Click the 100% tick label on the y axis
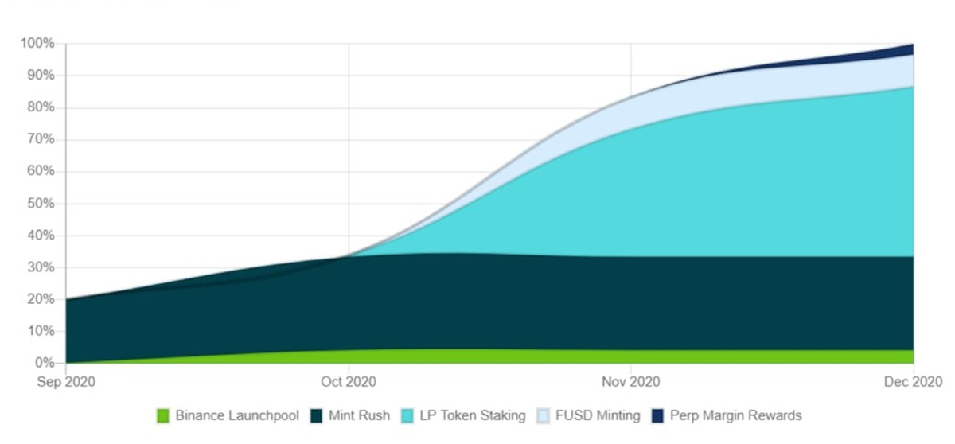tap(37, 43)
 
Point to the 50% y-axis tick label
tap(39, 204)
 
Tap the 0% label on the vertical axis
tap(43, 364)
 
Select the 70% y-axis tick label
tap(39, 139)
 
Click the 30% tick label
tap(39, 267)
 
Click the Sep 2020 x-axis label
tap(66, 382)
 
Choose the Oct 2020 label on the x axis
tap(349, 382)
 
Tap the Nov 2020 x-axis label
tap(630, 382)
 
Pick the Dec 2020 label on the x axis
tap(913, 382)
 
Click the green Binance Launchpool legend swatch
tap(163, 415)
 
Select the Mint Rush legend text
tap(361, 415)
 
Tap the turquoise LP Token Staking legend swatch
tap(407, 415)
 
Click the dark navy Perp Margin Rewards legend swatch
tap(657, 415)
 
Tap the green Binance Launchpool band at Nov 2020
tap(630, 356)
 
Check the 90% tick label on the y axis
tap(39, 76)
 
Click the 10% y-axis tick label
tap(39, 331)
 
